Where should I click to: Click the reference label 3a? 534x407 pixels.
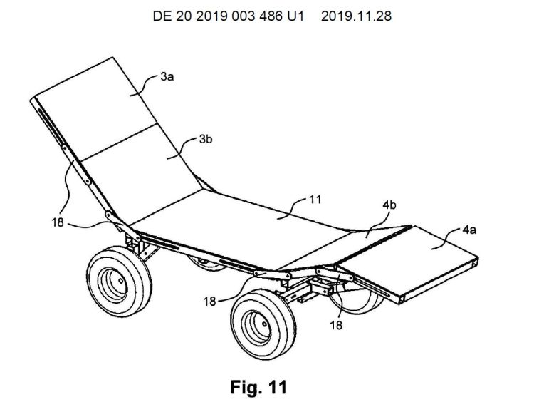[x=167, y=77]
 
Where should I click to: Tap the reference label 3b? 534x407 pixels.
[x=206, y=139]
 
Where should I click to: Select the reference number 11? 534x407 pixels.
[x=314, y=200]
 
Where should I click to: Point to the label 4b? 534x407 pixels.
[x=389, y=205]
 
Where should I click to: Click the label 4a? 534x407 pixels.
[x=469, y=230]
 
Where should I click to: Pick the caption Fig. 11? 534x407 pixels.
[x=258, y=387]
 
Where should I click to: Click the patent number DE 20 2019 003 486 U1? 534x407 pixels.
[x=228, y=16]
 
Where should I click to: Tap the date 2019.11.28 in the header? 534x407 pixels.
[x=356, y=16]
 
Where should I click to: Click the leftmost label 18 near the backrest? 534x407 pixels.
[x=58, y=222]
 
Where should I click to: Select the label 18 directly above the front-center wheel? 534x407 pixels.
[x=210, y=302]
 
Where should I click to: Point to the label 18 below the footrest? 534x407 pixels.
[x=336, y=325]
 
